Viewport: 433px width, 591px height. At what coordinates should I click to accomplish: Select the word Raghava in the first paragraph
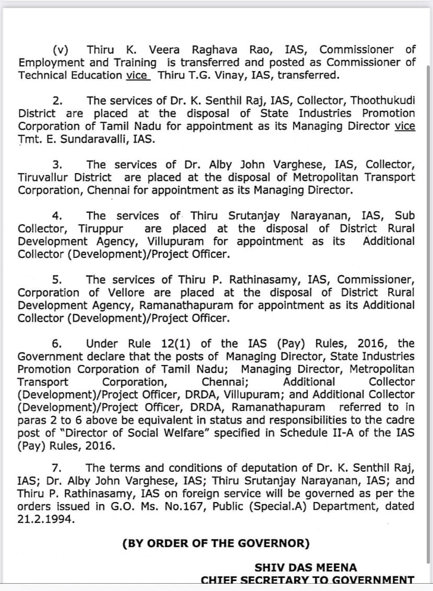[x=214, y=50]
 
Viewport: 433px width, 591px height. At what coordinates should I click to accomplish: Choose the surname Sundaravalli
[x=89, y=139]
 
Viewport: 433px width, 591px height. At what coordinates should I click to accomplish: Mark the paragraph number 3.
[x=57, y=165]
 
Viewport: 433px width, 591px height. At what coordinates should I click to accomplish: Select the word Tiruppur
[x=101, y=229]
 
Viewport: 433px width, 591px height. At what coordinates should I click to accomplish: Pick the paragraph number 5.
[x=57, y=280]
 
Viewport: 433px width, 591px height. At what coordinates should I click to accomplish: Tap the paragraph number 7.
[x=57, y=468]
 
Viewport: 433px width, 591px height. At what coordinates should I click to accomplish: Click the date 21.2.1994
[x=45, y=519]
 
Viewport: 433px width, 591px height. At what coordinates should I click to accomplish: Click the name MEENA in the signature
[x=338, y=567]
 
